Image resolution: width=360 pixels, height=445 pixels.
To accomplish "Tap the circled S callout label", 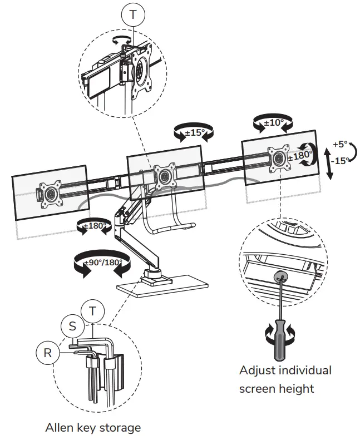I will pyautogui.click(x=72, y=326).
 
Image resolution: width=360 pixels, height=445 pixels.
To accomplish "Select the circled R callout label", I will pyautogui.click(x=48, y=352).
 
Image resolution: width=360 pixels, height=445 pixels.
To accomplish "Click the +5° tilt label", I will pyautogui.click(x=339, y=144).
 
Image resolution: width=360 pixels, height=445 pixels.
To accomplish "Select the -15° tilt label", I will pyautogui.click(x=341, y=160).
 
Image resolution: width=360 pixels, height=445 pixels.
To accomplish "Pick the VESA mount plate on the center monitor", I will pyautogui.click(x=164, y=176).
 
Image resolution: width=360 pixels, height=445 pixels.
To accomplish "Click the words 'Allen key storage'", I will pyautogui.click(x=93, y=428).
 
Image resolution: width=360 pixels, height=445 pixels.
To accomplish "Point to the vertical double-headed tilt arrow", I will pyautogui.click(x=329, y=160).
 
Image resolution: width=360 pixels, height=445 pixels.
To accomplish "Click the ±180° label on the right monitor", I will pyautogui.click(x=299, y=156).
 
